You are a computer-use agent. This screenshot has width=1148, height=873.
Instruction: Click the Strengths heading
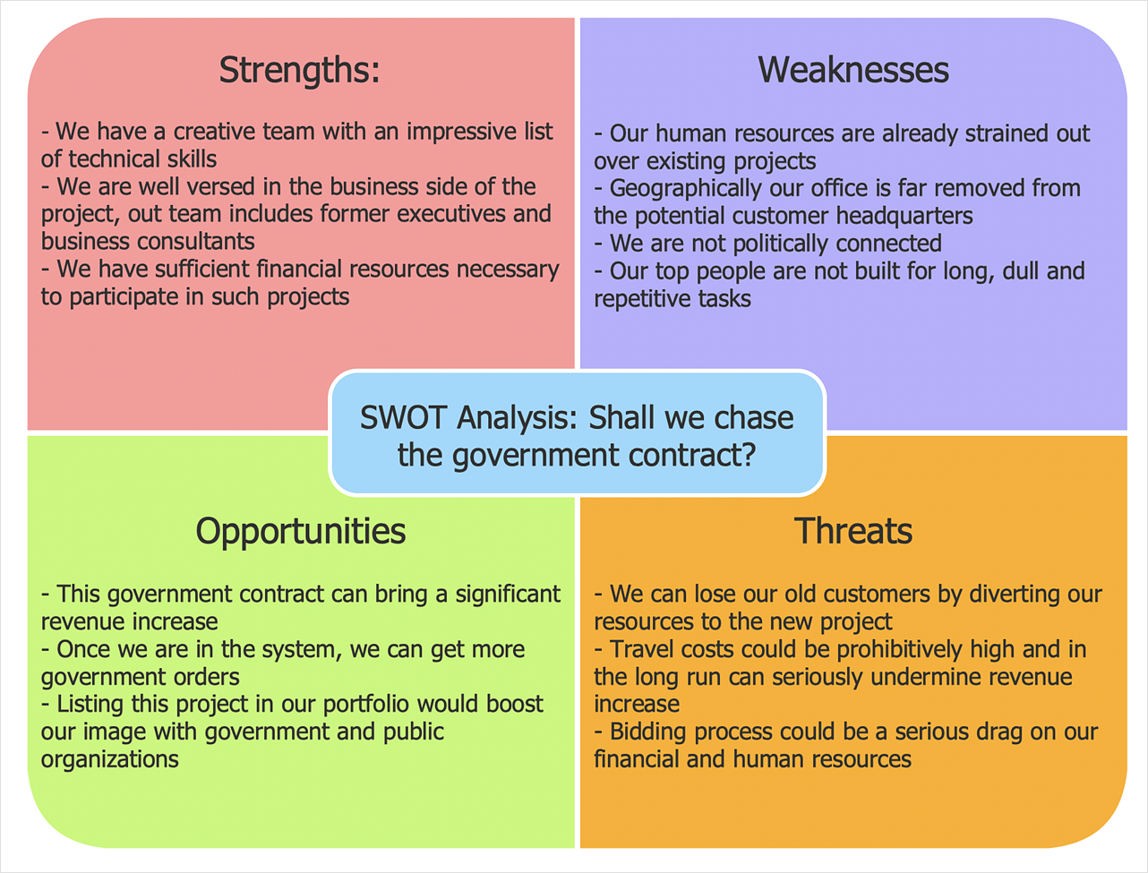coord(299,70)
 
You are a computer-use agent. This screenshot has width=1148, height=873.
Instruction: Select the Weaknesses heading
coord(852,70)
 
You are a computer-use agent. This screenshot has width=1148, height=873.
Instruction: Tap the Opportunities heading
coord(300,531)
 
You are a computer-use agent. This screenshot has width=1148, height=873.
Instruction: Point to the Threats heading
coord(852,531)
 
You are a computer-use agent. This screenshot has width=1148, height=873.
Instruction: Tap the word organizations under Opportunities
coord(109,760)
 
